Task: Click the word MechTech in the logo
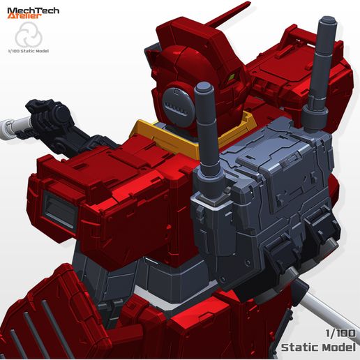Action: (x=33, y=10)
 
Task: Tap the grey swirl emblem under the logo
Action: (x=29, y=34)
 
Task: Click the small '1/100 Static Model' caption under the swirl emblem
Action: (x=29, y=51)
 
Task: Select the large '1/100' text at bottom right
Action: (x=340, y=333)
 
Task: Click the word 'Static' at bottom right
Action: (x=300, y=347)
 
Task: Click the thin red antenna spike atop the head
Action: (x=228, y=15)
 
